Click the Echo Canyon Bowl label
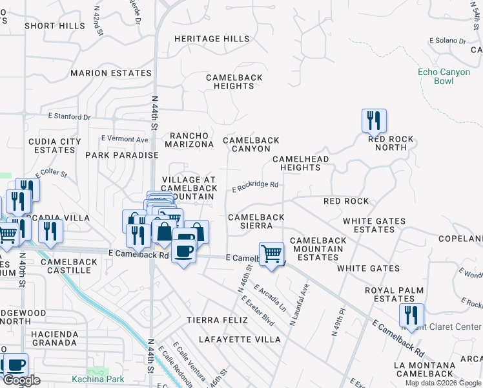(444, 76)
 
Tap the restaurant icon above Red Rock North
(374, 120)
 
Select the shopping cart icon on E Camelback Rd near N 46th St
(272, 253)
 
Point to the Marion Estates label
(111, 73)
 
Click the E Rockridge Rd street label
(255, 185)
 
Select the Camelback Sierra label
(256, 222)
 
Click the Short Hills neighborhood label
(55, 26)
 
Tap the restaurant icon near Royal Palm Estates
(411, 315)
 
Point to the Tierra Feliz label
(217, 320)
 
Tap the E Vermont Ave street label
(125, 139)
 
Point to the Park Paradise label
(121, 155)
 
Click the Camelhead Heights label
(300, 163)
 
